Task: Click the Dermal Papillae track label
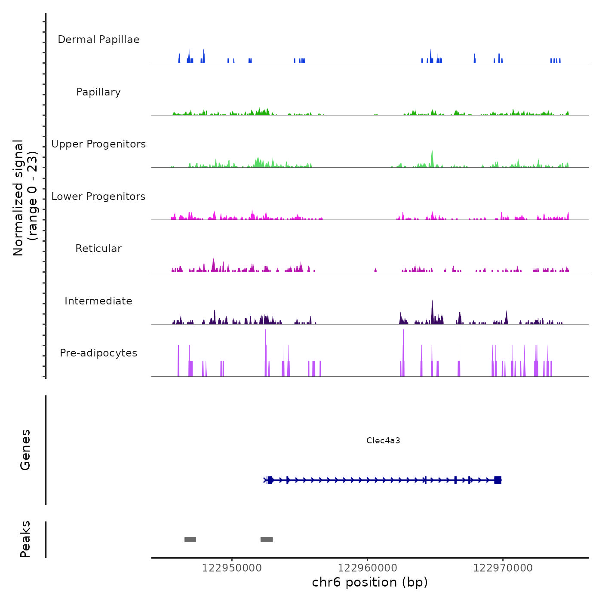click(x=98, y=40)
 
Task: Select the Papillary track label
click(x=98, y=92)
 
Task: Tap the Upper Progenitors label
click(x=98, y=144)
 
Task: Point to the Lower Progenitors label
click(x=98, y=197)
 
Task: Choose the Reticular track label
click(x=98, y=249)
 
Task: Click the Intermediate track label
click(x=98, y=301)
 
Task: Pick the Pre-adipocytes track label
click(x=98, y=353)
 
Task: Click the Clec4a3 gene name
click(x=383, y=440)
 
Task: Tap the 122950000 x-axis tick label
click(x=232, y=568)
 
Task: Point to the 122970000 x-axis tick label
click(x=503, y=568)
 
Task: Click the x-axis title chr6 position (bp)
click(x=370, y=582)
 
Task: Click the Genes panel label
click(x=25, y=450)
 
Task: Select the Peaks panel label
click(x=25, y=539)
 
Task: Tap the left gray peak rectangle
click(x=190, y=540)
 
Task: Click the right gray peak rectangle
click(x=267, y=540)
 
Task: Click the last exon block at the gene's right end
click(x=498, y=480)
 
